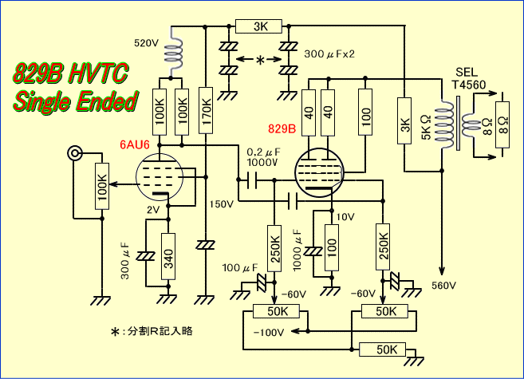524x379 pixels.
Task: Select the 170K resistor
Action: click(207, 105)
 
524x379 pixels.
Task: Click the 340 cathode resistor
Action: click(167, 257)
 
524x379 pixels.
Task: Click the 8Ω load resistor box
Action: click(502, 125)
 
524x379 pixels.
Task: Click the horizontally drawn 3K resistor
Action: click(260, 26)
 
